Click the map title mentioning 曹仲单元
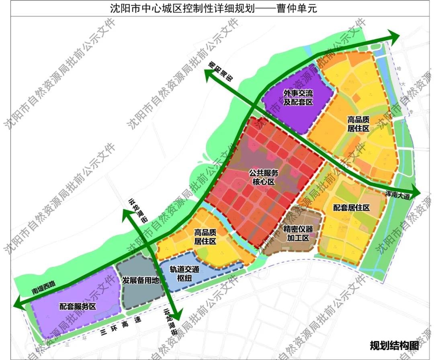pyautogui.click(x=213, y=8)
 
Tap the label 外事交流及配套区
pyautogui.click(x=298, y=98)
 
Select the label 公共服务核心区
pyautogui.click(x=264, y=177)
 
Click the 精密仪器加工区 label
pyautogui.click(x=298, y=233)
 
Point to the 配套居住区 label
pyautogui.click(x=351, y=208)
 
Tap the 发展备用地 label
pyautogui.click(x=141, y=280)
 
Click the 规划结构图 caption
pyautogui.click(x=394, y=345)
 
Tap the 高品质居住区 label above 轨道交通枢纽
pyautogui.click(x=205, y=237)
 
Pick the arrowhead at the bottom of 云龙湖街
pyautogui.click(x=177, y=313)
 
